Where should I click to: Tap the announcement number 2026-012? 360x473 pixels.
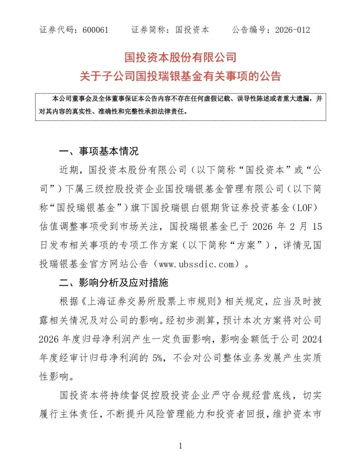[x=293, y=30]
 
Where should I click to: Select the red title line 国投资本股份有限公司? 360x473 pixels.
[x=180, y=57]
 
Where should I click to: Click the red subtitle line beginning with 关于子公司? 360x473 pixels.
[x=180, y=76]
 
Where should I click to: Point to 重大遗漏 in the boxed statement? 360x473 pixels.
[x=297, y=99]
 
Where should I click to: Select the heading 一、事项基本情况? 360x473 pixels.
[x=99, y=151]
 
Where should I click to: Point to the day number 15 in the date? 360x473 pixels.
[x=317, y=227]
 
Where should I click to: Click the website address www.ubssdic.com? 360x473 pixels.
[x=197, y=264]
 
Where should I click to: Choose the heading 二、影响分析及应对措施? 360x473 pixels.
[x=114, y=283]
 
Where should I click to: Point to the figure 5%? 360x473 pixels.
[x=157, y=358]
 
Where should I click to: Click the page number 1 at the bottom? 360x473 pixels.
[x=180, y=446]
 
